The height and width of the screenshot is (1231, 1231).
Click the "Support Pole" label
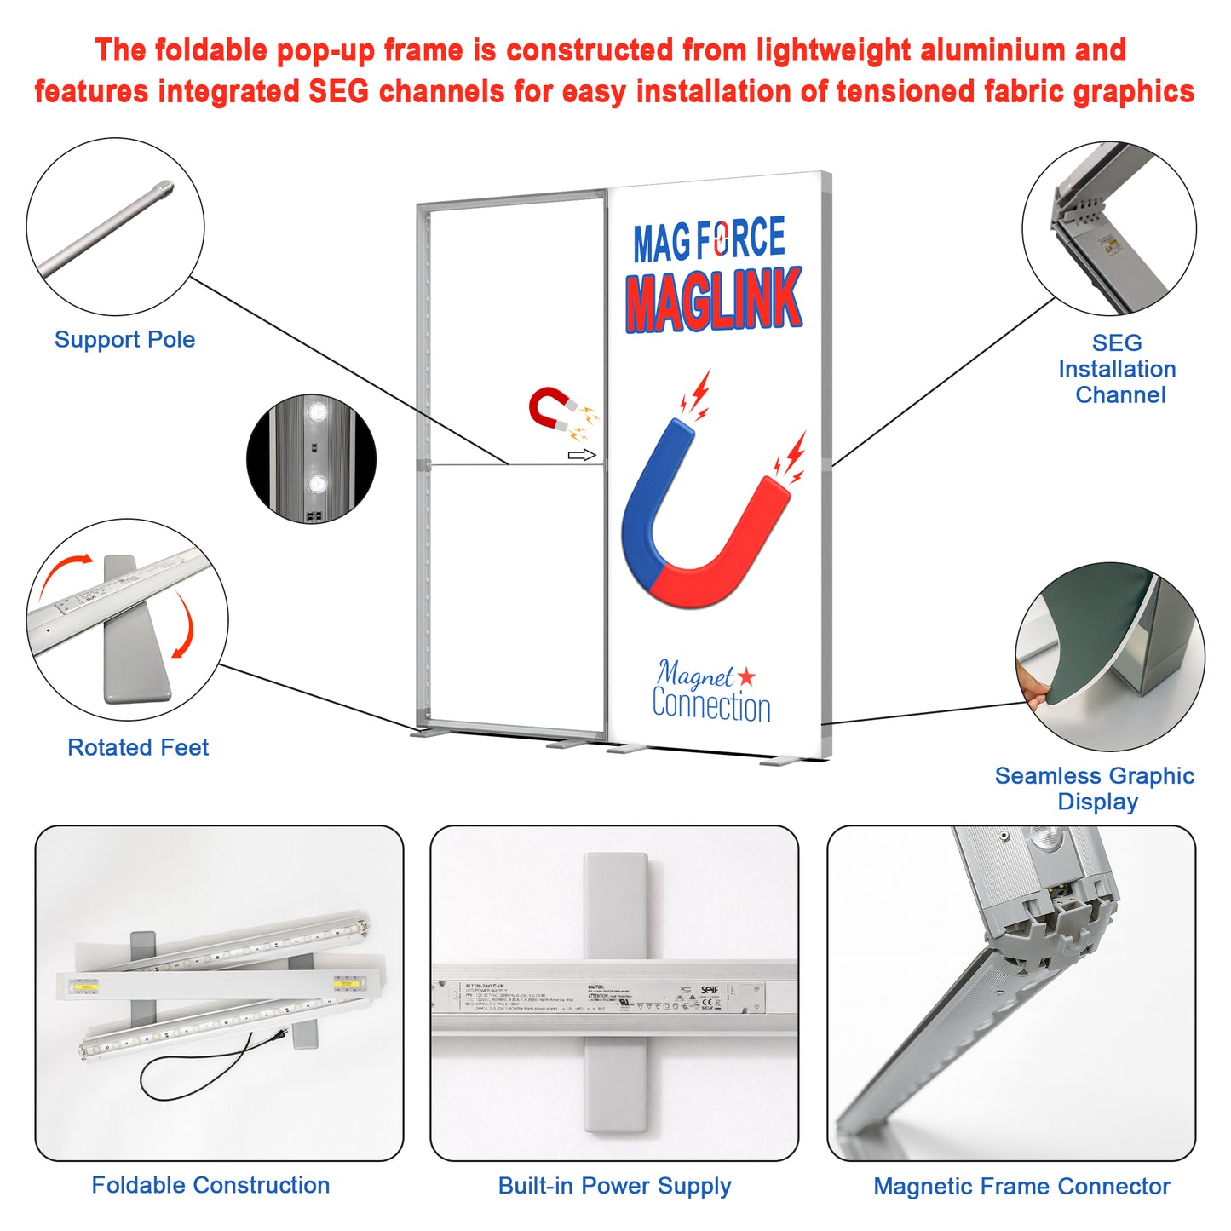[x=124, y=339]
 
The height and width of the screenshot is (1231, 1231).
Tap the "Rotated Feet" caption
[x=138, y=747]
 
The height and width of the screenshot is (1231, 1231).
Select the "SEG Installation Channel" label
[x=1117, y=369]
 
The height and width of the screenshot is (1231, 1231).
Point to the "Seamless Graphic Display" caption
[x=1095, y=788]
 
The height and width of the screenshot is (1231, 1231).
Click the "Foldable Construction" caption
[x=210, y=1185]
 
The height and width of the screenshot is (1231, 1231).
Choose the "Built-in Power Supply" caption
[x=614, y=1186]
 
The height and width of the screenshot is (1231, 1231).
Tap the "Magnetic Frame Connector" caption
[x=1021, y=1186]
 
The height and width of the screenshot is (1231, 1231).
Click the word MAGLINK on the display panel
[x=714, y=300]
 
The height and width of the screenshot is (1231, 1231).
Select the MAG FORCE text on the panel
[x=709, y=240]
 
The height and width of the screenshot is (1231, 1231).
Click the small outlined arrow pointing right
[x=581, y=456]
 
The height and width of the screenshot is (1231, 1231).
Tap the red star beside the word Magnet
[x=746, y=676]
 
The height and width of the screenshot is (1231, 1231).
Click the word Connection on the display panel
[x=711, y=706]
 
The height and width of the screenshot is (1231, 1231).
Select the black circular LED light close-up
[x=311, y=458]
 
